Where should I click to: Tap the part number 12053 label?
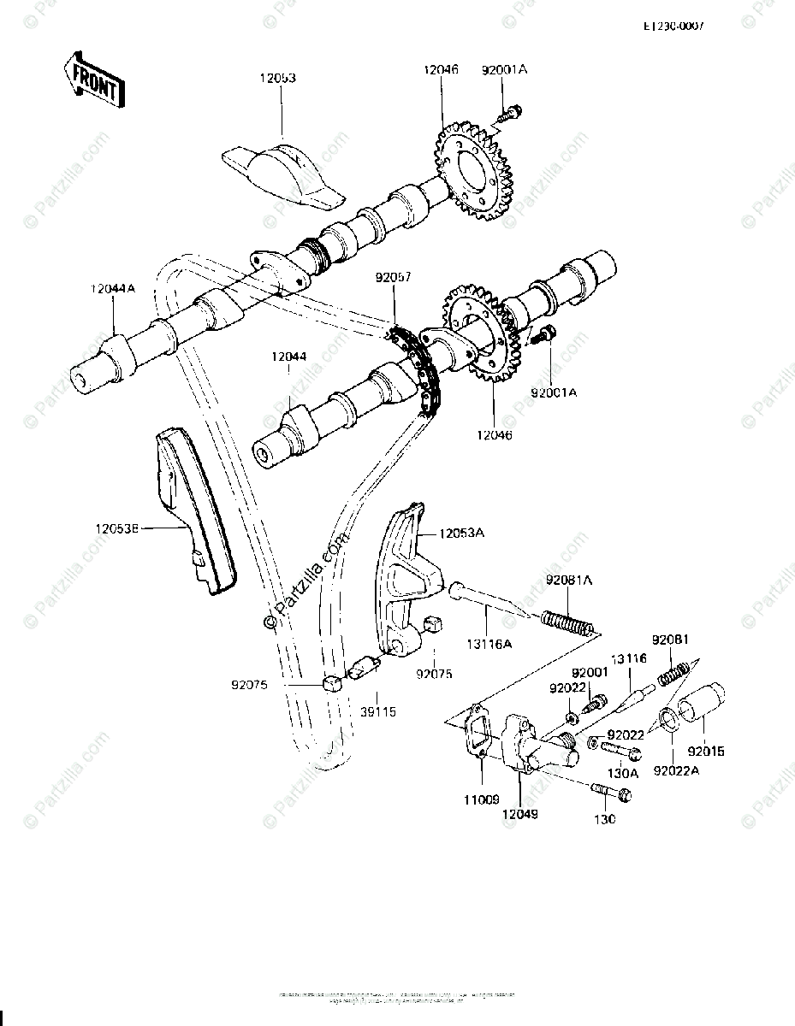(278, 78)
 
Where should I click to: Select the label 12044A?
(112, 290)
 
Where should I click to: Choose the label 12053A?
(461, 534)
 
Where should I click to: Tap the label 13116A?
(491, 643)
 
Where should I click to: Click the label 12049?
(521, 816)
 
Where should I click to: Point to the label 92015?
(709, 752)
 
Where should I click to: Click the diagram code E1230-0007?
(673, 27)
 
